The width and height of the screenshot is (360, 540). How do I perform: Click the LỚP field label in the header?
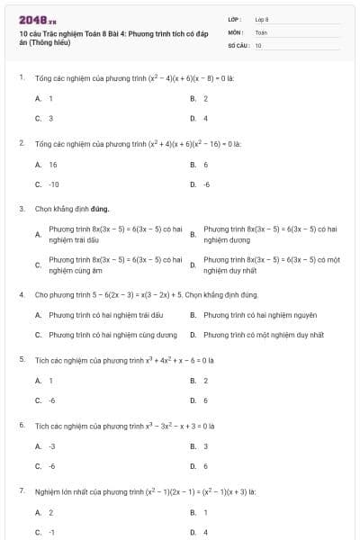click(x=235, y=18)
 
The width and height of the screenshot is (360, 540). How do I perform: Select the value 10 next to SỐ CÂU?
click(x=258, y=44)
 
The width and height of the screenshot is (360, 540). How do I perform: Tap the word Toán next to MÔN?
click(x=261, y=31)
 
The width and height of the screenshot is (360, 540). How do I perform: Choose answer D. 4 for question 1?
click(x=200, y=118)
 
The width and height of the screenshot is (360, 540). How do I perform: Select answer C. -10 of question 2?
click(x=48, y=184)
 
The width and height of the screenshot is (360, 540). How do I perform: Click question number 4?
click(x=21, y=294)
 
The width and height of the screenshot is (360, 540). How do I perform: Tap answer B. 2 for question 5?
click(x=200, y=381)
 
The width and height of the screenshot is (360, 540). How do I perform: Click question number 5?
click(x=21, y=359)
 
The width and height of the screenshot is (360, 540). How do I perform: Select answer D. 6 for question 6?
click(x=200, y=465)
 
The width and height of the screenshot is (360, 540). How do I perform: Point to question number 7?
click(x=21, y=490)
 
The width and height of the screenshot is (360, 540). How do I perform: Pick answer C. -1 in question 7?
click(x=46, y=532)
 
